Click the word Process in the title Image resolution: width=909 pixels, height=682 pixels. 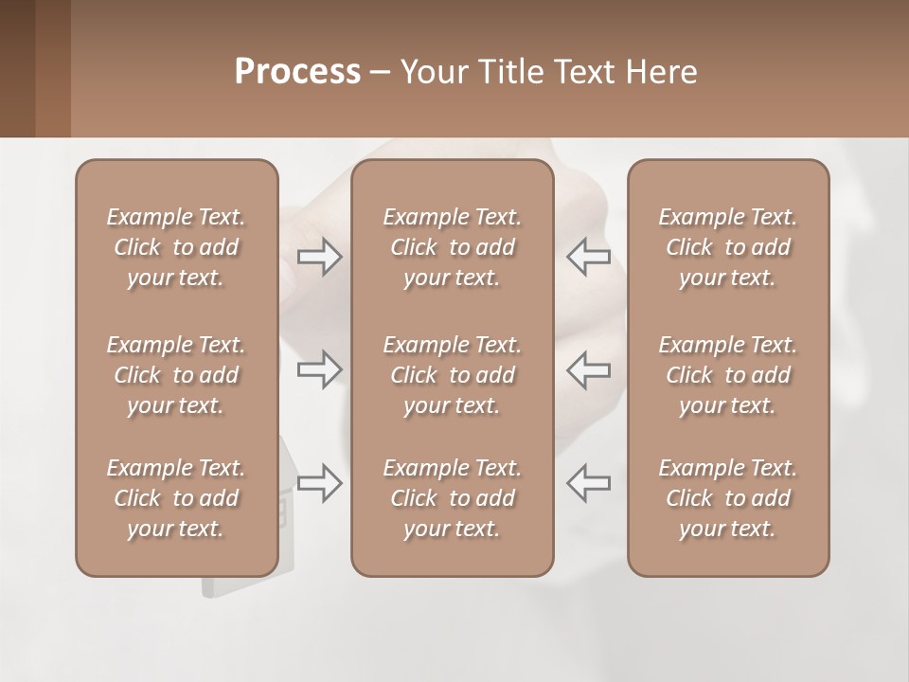[297, 72]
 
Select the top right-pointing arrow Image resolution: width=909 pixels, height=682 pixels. [319, 256]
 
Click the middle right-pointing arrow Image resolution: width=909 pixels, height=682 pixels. [319, 369]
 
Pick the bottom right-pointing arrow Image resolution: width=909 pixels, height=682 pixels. [319, 483]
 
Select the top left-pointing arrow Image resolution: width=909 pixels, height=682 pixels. [588, 256]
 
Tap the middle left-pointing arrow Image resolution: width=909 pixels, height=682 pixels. [588, 369]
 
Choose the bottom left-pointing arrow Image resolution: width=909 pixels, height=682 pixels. [588, 483]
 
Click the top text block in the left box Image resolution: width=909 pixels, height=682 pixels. [176, 247]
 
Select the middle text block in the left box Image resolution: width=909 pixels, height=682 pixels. [176, 375]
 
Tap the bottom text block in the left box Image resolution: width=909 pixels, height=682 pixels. [176, 498]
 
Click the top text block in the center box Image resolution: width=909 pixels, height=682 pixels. [453, 247]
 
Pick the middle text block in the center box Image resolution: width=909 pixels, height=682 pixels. [453, 375]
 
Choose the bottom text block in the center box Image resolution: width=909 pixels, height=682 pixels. [453, 498]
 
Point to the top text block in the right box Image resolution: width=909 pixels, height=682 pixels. [728, 247]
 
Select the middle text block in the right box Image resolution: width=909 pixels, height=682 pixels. [728, 375]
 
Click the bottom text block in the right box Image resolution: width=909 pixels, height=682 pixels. [728, 498]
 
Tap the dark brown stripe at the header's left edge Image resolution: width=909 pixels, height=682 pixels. [17, 68]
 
